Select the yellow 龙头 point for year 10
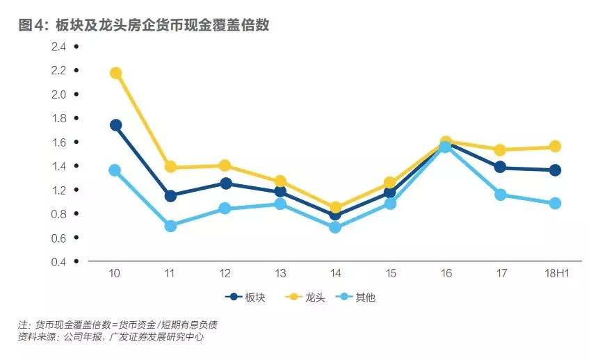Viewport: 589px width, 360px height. pos(116,73)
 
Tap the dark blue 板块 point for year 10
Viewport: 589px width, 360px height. pos(116,125)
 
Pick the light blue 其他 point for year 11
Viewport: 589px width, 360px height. pos(171,226)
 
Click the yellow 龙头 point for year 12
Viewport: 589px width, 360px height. pos(225,165)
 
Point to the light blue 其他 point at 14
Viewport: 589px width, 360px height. pos(335,227)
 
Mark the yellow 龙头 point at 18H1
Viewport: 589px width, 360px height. pos(555,147)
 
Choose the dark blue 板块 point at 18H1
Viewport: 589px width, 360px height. pos(555,170)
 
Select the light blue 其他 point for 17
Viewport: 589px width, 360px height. pos(499,195)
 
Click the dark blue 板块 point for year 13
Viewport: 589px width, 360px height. pos(280,191)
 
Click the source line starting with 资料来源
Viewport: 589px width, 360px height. pos(111,337)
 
